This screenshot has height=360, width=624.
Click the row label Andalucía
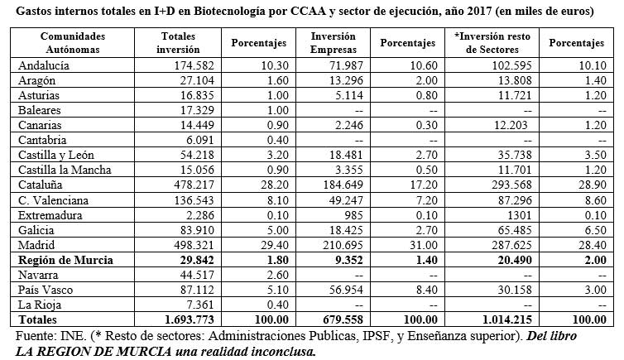coord(44,65)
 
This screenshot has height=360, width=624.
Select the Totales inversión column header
coord(178,42)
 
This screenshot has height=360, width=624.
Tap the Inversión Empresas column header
coord(333,42)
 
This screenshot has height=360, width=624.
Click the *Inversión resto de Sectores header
coord(492,42)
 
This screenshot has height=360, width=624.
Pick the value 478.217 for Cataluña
coord(194,185)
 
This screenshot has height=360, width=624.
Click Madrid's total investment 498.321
coord(194,245)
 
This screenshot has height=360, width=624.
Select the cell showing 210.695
coord(343,245)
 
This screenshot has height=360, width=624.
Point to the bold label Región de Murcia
coord(65,260)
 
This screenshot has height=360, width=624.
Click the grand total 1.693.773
coord(189,319)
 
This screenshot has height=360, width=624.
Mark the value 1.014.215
coord(507,319)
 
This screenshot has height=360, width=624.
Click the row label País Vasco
coord(46,290)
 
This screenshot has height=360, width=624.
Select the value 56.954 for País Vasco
coord(346,290)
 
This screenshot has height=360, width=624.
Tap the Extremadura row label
coord(50,216)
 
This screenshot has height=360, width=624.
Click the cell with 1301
coord(519,216)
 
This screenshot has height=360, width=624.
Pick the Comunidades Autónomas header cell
coord(73,42)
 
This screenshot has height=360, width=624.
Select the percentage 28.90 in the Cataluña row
coord(593,185)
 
